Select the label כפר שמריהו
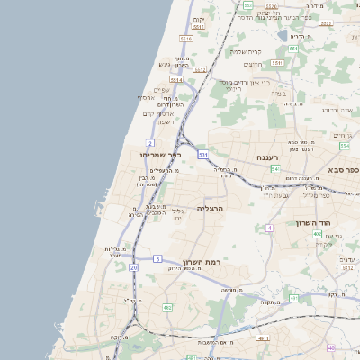pos(161,155)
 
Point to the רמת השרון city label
pos(202,262)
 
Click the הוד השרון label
pos(314,222)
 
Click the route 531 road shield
pos(203,155)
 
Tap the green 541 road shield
pos(275,168)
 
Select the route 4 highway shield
pos(268,228)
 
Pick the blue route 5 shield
pos(157,259)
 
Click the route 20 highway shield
pos(134,267)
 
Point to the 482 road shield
pos(167,308)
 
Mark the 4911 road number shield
pos(263,338)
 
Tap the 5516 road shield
pos(186,40)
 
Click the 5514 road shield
pos(176,79)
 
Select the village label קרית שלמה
pos(244,51)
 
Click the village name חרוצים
pos(253,64)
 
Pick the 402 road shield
pos(317,234)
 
